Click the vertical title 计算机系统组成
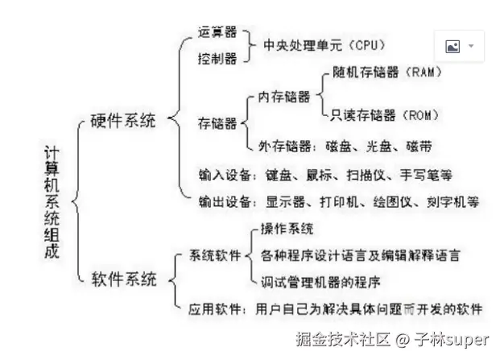pyautogui.click(x=52, y=201)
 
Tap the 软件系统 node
pyautogui.click(x=123, y=280)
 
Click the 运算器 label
pyautogui.click(x=217, y=32)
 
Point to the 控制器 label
pyautogui.click(x=217, y=59)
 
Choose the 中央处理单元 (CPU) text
pyautogui.click(x=324, y=45)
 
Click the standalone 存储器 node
pyautogui.click(x=217, y=122)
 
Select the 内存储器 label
pyautogui.click(x=284, y=97)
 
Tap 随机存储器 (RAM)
pyautogui.click(x=386, y=72)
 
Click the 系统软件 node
pyautogui.click(x=215, y=256)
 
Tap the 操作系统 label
pyautogui.click(x=287, y=230)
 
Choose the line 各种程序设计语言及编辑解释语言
pyautogui.click(x=361, y=255)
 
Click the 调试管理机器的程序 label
pyautogui.click(x=320, y=282)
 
